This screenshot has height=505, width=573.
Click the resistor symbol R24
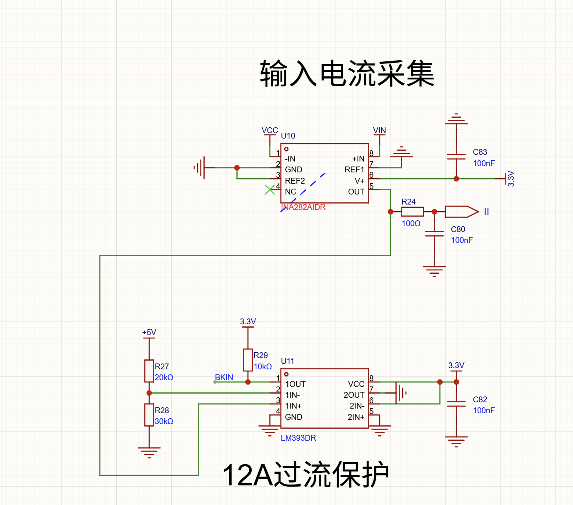click(x=412, y=212)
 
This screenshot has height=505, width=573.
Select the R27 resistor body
click(x=149, y=371)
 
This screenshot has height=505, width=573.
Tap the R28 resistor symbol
click(x=149, y=415)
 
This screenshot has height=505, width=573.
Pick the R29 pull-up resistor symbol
click(x=248, y=360)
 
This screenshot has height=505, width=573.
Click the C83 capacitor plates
click(x=456, y=157)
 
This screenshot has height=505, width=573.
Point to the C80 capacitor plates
click(x=434, y=234)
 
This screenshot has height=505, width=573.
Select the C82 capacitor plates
click(x=456, y=404)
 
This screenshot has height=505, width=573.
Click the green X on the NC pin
click(x=270, y=190)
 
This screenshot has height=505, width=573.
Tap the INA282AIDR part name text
click(x=303, y=207)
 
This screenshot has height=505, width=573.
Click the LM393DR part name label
click(x=298, y=438)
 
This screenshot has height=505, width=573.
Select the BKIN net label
click(x=224, y=377)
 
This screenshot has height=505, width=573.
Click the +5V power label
click(x=149, y=332)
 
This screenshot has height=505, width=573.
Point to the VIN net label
click(x=379, y=130)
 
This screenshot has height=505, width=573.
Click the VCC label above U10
click(x=270, y=130)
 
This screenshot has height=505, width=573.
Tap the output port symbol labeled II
click(x=462, y=212)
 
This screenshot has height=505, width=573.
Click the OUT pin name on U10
click(x=356, y=192)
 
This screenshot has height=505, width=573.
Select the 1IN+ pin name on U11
click(x=293, y=406)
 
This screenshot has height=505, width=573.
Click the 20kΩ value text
click(x=164, y=377)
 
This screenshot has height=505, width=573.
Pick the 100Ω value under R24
click(x=411, y=223)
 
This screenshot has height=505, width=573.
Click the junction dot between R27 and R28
click(x=149, y=393)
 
